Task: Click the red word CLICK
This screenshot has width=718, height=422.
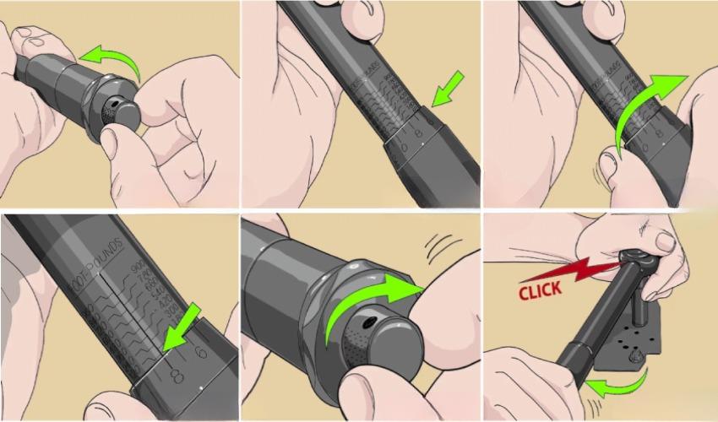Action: click(x=541, y=292)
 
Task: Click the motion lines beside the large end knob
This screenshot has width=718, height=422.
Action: click(x=444, y=248)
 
